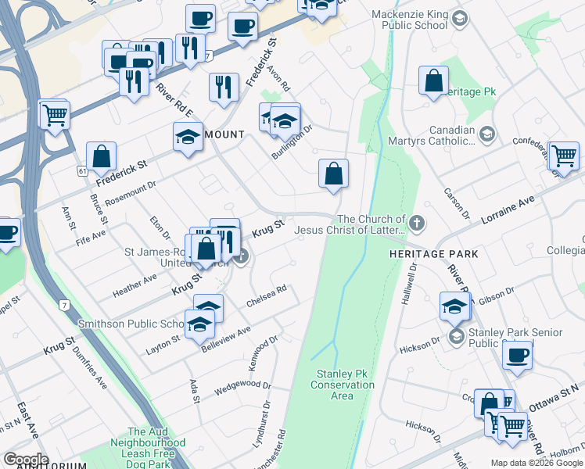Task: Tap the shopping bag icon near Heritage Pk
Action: tap(433, 81)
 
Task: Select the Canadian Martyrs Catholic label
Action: tap(431, 136)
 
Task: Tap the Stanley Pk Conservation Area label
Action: tap(342, 385)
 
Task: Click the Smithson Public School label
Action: tap(130, 324)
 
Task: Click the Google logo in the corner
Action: tap(26, 460)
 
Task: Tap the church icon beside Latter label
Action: tap(417, 224)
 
